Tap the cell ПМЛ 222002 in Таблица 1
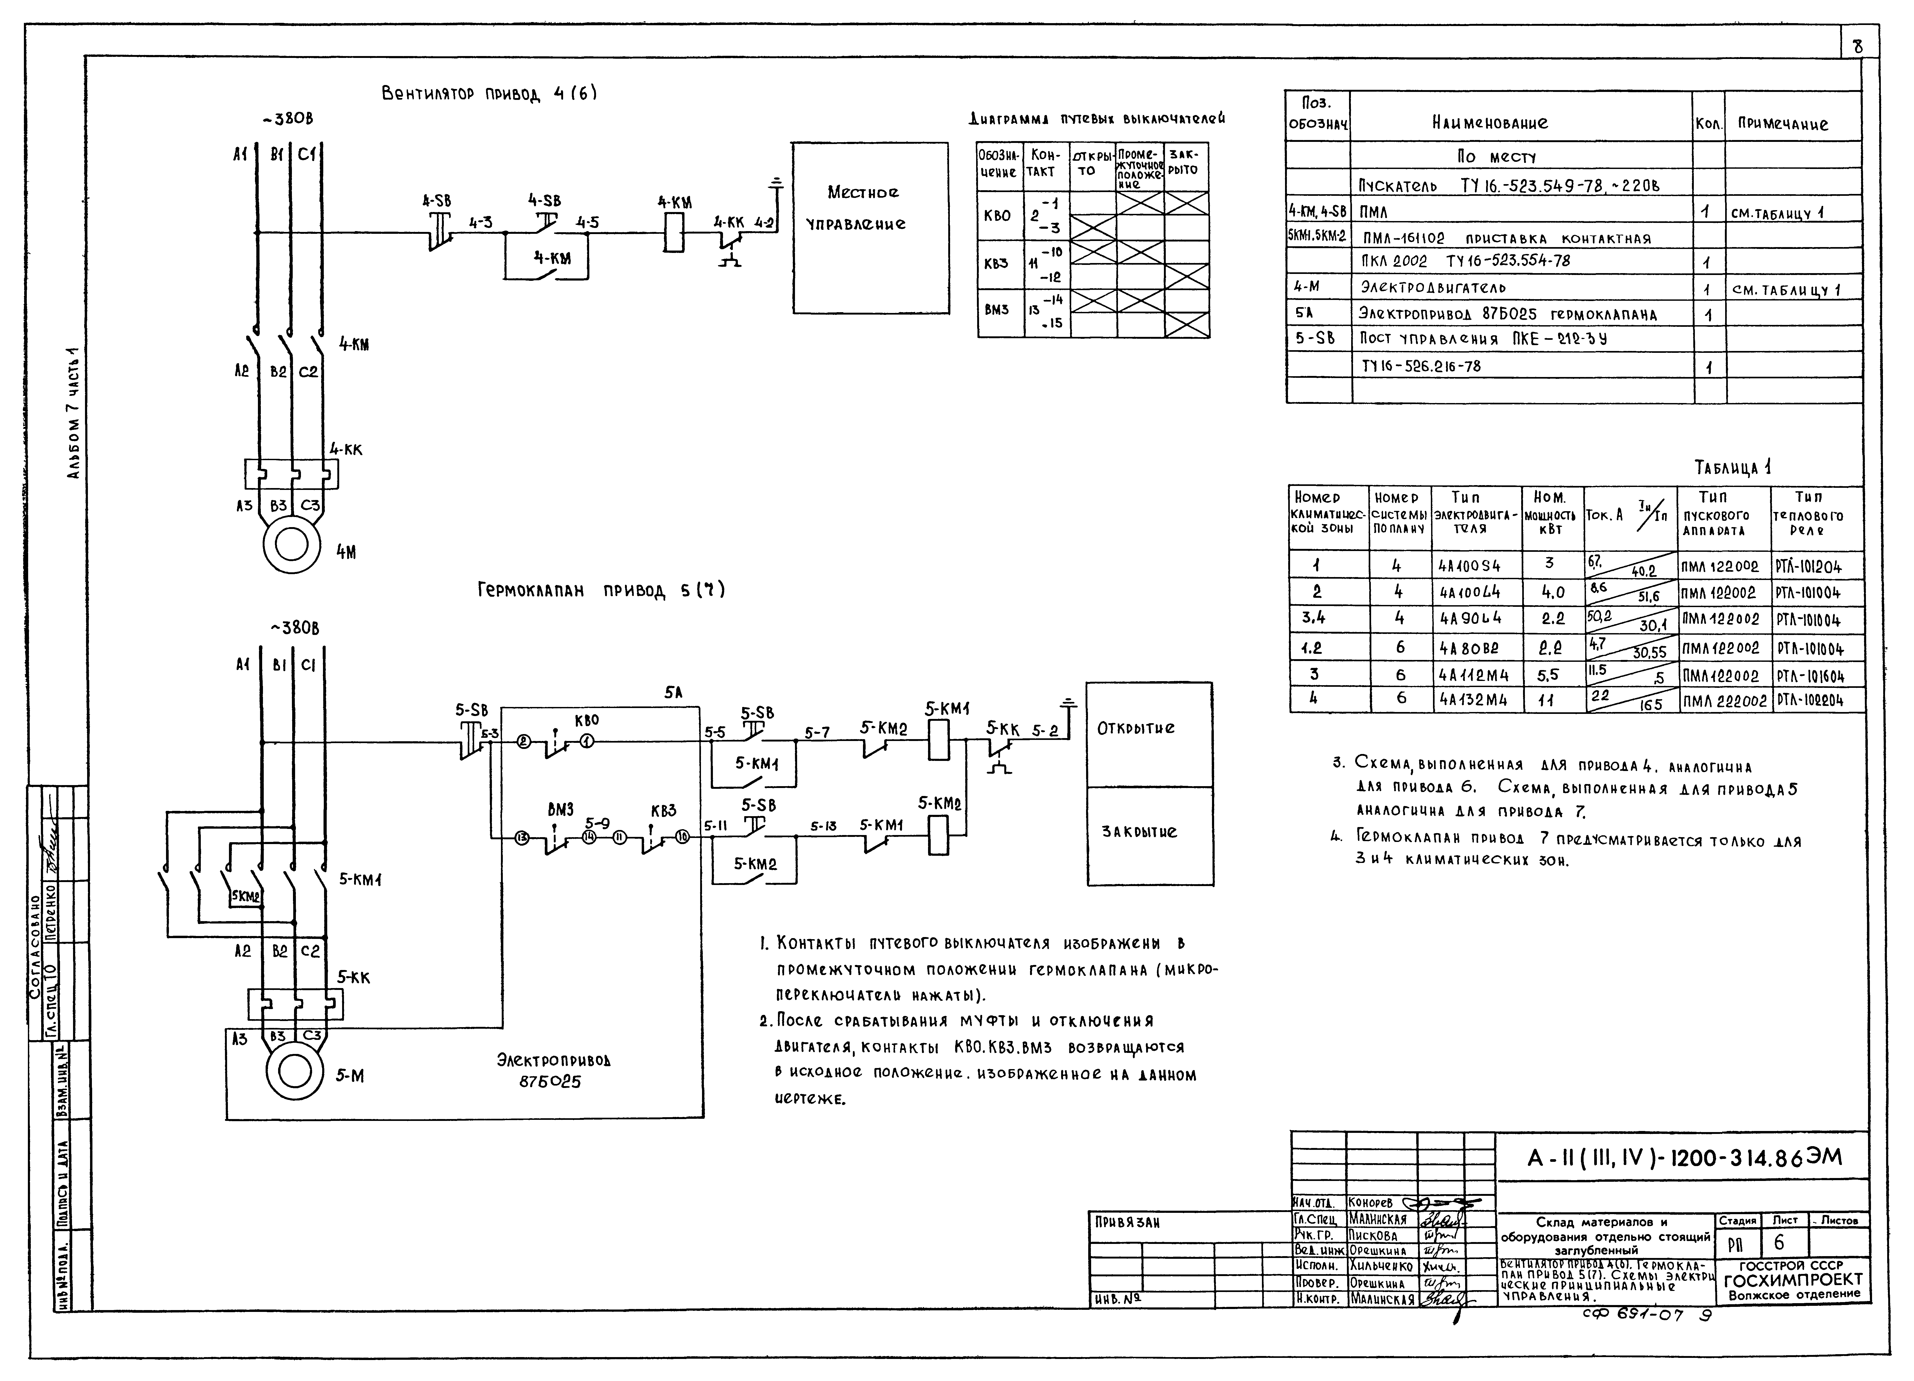click(1724, 701)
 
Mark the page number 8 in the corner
click(1857, 47)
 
